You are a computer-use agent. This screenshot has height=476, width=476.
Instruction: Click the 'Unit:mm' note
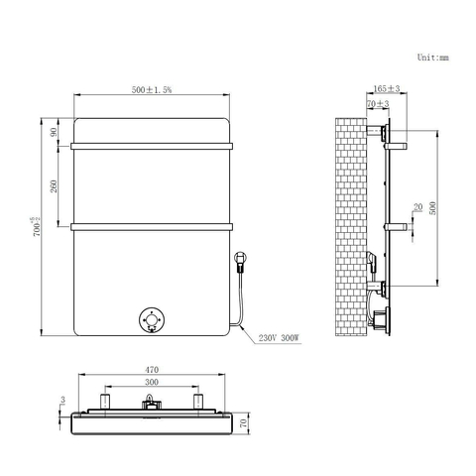[432, 58]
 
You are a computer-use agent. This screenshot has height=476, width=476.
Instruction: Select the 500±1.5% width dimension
[152, 89]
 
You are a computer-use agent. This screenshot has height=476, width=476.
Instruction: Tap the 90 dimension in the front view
[54, 132]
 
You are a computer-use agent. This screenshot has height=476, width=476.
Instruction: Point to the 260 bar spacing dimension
[54, 186]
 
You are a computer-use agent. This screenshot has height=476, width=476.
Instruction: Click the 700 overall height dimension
[37, 227]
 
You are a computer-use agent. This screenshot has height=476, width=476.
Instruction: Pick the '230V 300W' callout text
[279, 338]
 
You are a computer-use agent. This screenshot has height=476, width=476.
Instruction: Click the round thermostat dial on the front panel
[152, 320]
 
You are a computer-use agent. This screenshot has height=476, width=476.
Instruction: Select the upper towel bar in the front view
[152, 146]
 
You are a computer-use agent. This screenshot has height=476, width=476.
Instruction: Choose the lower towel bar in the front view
[152, 227]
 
